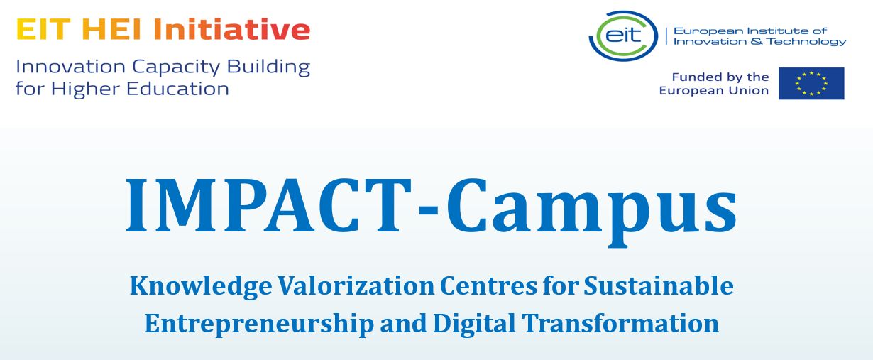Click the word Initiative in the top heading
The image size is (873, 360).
(x=232, y=29)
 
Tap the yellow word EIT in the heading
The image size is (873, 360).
(x=43, y=30)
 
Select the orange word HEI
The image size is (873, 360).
(x=112, y=30)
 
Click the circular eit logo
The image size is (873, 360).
(x=623, y=36)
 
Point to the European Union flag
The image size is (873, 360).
(x=811, y=84)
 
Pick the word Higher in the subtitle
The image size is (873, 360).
(x=85, y=89)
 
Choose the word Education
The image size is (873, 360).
(x=177, y=89)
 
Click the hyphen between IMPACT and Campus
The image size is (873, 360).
(x=429, y=211)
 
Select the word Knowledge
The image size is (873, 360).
(x=201, y=287)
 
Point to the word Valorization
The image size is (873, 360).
(x=356, y=286)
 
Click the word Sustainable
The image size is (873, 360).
(x=659, y=286)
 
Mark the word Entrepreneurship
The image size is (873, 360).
(x=259, y=324)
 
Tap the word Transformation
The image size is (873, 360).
(x=620, y=324)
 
